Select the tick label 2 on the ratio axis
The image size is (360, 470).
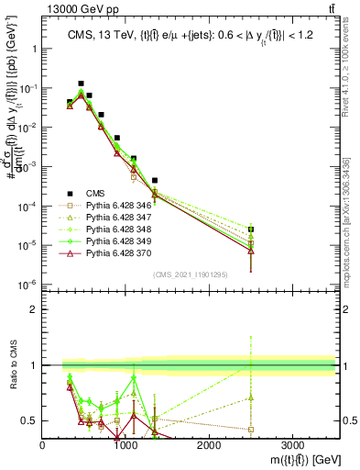coord(33,309)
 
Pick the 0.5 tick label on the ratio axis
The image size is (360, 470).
coord(29,421)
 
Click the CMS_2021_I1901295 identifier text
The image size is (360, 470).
coord(191,274)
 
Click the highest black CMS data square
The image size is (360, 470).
coord(81,84)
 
